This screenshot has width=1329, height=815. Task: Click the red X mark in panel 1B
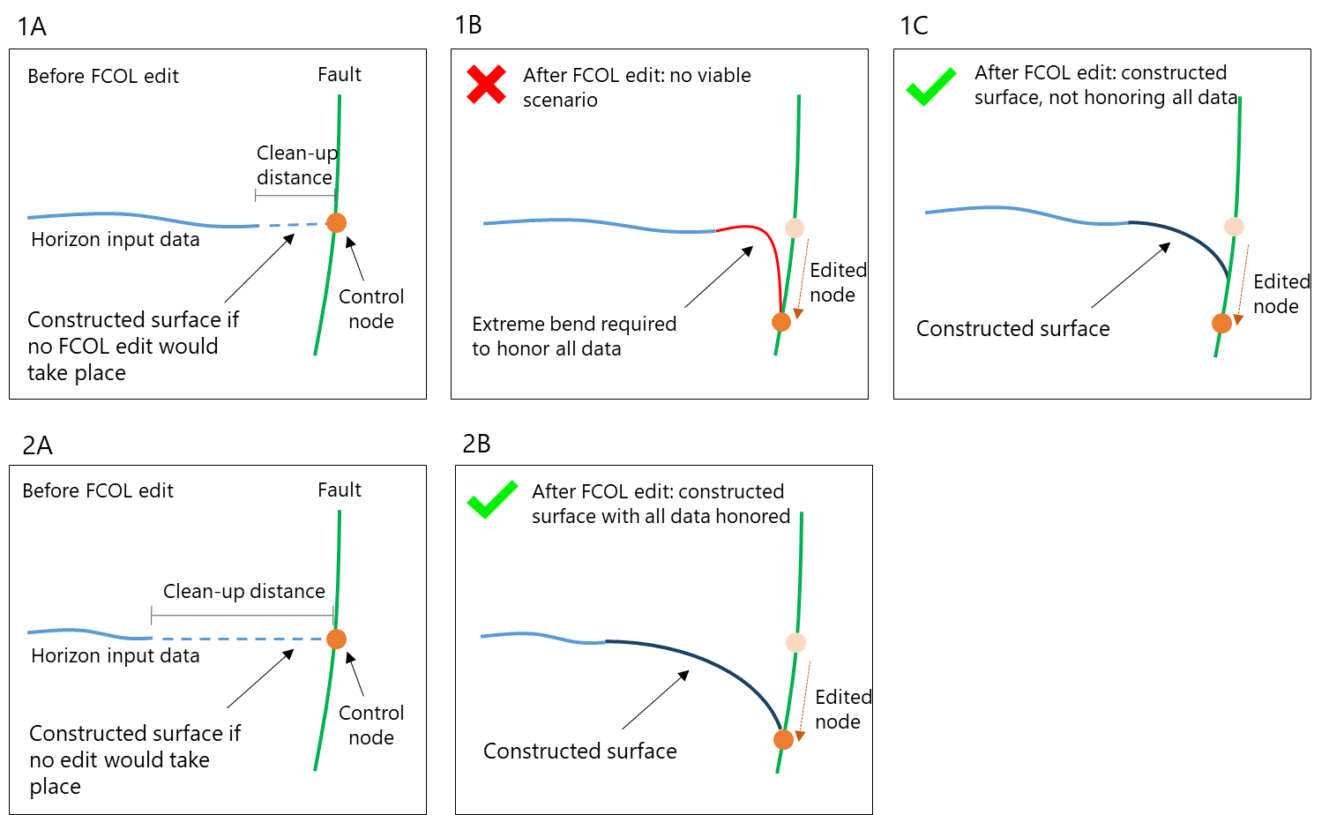(486, 85)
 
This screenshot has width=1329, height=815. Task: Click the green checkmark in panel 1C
(930, 86)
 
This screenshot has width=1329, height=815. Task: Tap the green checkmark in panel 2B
(492, 499)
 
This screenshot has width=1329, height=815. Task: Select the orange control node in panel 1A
(336, 223)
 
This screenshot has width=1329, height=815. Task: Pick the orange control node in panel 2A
(336, 639)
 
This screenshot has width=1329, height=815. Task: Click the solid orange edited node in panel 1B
(781, 322)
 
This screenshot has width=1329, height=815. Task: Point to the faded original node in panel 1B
(795, 228)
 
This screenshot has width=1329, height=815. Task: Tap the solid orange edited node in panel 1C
(1221, 324)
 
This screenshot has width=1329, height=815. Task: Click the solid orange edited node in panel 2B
(783, 739)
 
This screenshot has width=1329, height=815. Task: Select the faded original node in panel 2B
(795, 643)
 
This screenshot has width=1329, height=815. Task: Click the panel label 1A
(32, 26)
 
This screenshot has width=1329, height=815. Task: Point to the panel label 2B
(476, 444)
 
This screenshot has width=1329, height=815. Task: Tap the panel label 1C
(914, 26)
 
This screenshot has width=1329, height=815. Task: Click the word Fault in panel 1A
(340, 75)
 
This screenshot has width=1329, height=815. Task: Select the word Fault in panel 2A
(340, 490)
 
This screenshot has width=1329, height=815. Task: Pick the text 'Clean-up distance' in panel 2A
(244, 592)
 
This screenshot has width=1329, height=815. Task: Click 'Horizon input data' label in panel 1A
(116, 240)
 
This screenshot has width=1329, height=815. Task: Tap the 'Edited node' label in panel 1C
(1280, 294)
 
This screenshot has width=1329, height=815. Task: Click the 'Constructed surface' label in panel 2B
(580, 751)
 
